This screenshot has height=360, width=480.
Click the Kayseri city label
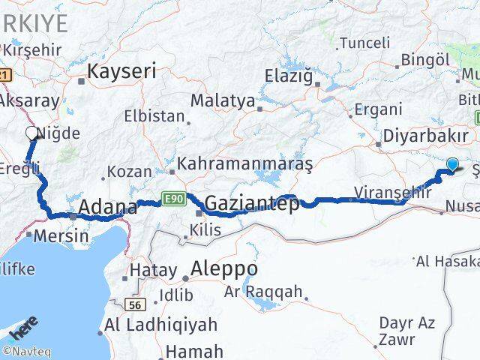pos(122,72)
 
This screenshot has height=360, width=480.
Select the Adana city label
pos(109,207)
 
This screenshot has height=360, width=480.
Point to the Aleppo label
pos(224,268)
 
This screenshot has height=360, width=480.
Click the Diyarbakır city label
pos(426,136)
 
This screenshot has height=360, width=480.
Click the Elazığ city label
pos(289,75)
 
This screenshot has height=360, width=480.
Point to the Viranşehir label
pos(393,192)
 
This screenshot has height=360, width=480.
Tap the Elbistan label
pos(156,117)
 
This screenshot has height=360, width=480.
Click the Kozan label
pos(130,172)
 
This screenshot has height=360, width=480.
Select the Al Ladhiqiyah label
pos(161,325)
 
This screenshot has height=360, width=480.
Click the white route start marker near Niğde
pos(32,133)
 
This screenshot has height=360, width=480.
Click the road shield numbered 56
pos(135,304)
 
